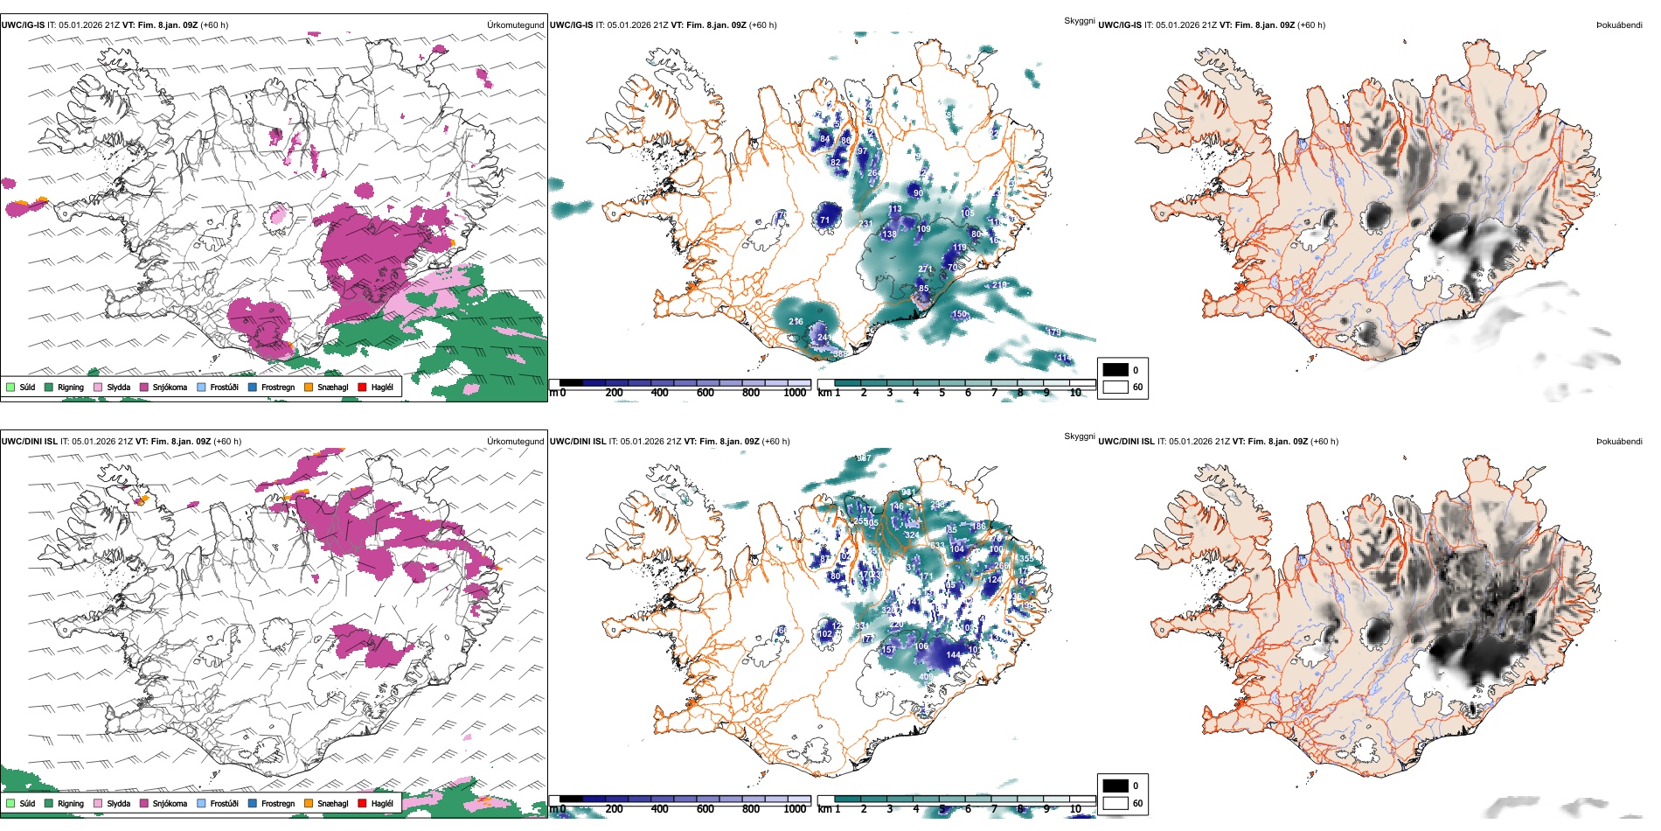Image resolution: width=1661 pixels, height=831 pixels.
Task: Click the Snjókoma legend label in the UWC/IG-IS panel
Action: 170,387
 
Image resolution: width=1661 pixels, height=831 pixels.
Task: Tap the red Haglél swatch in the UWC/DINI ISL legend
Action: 362,803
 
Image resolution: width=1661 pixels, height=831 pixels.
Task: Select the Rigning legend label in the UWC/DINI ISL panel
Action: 71,803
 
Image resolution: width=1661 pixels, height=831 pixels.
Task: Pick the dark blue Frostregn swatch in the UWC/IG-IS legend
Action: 253,387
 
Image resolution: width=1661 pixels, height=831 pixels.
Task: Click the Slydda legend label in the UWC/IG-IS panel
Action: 118,387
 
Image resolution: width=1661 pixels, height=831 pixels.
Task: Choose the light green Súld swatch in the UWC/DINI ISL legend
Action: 10,803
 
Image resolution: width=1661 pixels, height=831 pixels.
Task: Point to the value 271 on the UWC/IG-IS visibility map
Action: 925,270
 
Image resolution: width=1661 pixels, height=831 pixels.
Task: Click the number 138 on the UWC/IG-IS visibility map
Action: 889,234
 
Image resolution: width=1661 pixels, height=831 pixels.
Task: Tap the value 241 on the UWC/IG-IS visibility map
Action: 824,337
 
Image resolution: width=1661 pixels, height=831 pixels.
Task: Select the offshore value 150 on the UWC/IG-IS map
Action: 959,314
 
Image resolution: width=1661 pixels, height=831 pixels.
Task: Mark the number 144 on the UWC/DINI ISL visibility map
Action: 953,654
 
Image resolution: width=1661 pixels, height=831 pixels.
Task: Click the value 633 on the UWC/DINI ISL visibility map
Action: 937,546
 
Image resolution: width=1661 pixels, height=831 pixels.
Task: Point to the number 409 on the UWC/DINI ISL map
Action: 926,677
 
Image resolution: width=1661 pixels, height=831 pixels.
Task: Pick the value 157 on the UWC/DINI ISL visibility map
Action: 888,650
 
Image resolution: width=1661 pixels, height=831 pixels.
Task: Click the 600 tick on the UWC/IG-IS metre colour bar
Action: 705,393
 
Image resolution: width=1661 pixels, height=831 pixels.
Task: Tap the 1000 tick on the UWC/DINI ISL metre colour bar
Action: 795,809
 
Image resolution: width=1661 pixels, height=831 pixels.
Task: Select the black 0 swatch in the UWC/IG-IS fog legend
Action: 1115,370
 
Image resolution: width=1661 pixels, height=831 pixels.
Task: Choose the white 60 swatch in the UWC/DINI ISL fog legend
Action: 1115,803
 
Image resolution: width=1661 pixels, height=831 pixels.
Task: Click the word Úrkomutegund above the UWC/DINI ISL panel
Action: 515,441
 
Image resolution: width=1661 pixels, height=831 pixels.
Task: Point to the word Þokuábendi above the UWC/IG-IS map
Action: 1619,25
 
